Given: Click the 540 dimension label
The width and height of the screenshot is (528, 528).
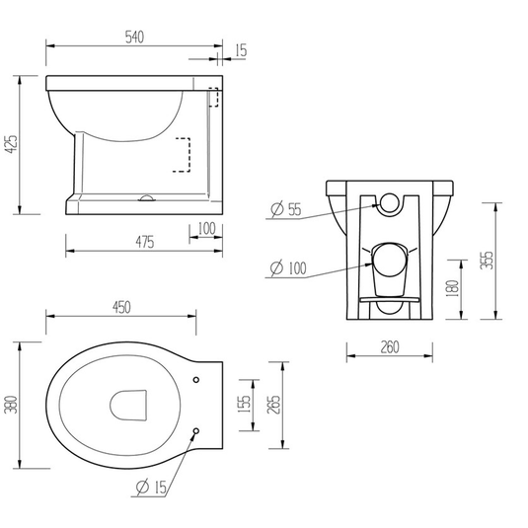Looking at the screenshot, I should point(134,38).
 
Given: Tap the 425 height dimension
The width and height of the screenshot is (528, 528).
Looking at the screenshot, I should point(12,144).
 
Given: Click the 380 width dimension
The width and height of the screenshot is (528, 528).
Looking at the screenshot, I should point(12,404).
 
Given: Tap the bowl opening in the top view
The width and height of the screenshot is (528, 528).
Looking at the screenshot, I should point(128,405).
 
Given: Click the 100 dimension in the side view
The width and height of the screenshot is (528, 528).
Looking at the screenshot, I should point(204,229).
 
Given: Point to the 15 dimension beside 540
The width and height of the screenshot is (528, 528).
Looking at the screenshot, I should point(242,49).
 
